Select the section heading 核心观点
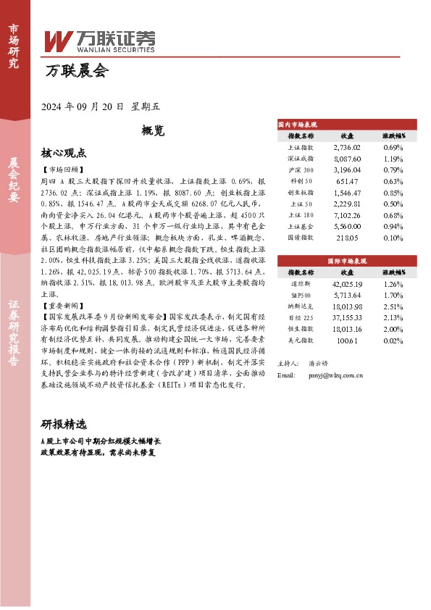click(x=64, y=153)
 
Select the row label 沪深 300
click(x=301, y=170)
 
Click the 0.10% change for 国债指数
click(x=393, y=237)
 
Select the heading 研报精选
click(x=64, y=424)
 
